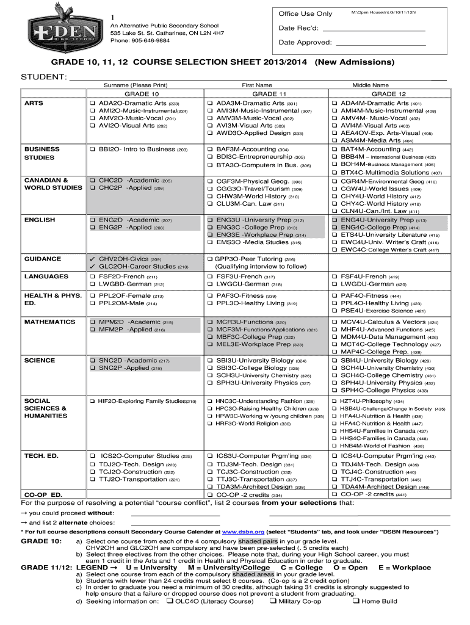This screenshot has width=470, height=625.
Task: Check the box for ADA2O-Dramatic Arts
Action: (x=92, y=104)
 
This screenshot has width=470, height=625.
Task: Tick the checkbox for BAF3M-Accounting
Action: (x=210, y=149)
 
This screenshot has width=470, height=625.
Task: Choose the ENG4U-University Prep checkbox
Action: (x=334, y=220)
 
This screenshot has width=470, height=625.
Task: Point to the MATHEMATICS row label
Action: (x=49, y=322)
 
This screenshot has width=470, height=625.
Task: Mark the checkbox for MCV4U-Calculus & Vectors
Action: (x=334, y=322)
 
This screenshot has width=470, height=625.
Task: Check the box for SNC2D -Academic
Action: (x=92, y=361)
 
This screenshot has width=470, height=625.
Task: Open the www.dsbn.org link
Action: (x=241, y=532)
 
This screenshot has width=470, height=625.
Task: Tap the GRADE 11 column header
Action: (x=269, y=94)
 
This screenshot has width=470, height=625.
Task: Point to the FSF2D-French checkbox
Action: (x=92, y=276)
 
